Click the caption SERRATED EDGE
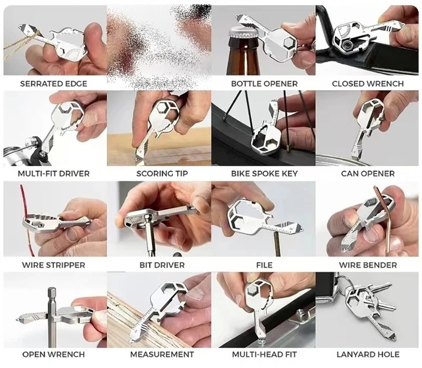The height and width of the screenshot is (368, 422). [x=54, y=83]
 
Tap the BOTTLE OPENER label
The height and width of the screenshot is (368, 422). [x=264, y=83]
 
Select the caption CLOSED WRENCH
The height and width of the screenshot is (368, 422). [x=368, y=83]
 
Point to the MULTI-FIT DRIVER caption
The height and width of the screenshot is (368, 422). [x=54, y=173]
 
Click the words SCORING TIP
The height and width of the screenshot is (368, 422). [x=162, y=173]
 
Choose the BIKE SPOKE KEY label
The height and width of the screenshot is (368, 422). [x=264, y=173]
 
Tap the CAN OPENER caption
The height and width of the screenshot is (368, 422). [x=368, y=173]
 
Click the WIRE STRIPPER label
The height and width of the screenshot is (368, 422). [x=54, y=265]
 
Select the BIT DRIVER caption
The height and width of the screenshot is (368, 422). [x=162, y=265]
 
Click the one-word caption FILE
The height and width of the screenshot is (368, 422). [x=264, y=265]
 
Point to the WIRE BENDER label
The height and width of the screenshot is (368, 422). [x=368, y=265]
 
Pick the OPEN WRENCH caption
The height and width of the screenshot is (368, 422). [x=54, y=354]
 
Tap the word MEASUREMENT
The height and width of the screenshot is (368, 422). [x=162, y=354]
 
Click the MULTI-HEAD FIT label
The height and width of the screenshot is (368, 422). [x=264, y=354]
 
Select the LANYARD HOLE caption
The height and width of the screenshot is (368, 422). [x=368, y=354]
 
